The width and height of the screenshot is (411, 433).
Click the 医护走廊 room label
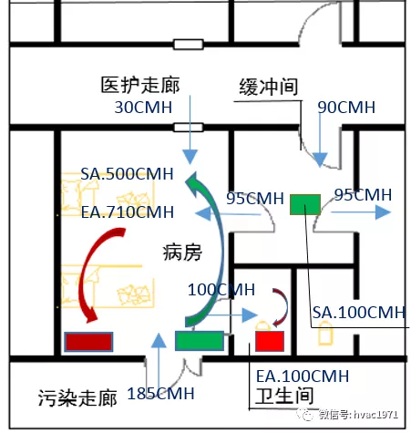(140, 85)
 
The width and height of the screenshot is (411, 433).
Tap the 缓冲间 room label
(269, 87)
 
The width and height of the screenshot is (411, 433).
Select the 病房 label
(182, 253)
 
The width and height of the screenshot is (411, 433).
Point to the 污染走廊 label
(77, 397)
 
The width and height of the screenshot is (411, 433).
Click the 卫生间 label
(284, 396)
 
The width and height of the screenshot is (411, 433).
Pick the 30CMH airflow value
(143, 108)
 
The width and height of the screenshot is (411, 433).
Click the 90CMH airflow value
(346, 108)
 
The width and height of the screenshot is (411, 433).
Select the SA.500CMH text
(127, 174)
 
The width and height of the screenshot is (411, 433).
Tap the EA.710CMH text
(128, 212)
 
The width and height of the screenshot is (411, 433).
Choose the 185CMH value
(160, 394)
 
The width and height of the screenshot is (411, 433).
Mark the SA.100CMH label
(359, 313)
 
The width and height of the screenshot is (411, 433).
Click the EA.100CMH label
(303, 376)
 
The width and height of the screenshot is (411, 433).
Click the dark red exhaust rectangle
(88, 342)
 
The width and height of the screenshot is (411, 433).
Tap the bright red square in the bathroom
(270, 341)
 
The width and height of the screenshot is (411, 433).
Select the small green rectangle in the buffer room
(305, 205)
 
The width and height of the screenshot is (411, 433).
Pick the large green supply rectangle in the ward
(200, 341)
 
